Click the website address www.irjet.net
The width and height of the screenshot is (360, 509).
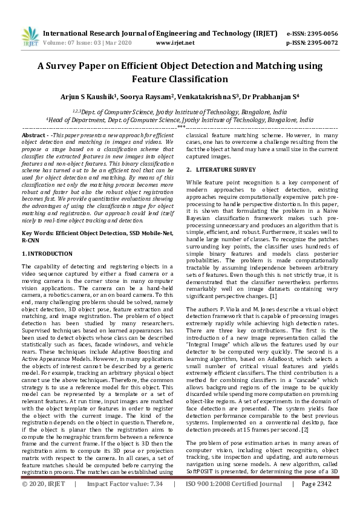pos(175,43)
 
